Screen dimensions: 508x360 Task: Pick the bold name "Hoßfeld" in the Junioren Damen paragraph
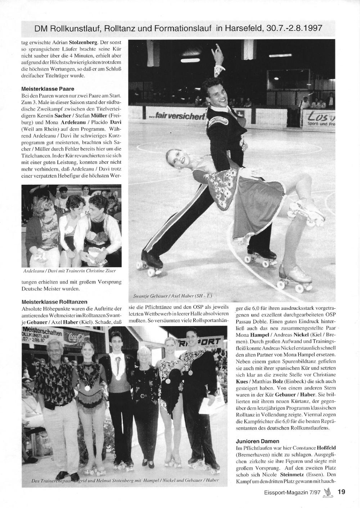pos(326,448)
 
